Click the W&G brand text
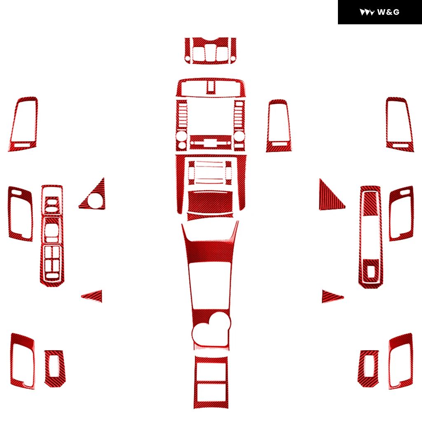[x=388, y=12]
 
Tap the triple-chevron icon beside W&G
[x=367, y=12]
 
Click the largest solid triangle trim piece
[x=331, y=195]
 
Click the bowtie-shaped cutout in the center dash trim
[x=211, y=143]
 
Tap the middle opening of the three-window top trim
[x=210, y=53]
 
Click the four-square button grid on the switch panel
[x=52, y=259]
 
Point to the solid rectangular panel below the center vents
[x=210, y=202]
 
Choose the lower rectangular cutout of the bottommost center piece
[x=211, y=393]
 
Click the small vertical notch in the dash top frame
[x=211, y=87]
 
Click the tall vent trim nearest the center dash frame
[x=279, y=126]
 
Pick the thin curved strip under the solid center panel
[x=210, y=216]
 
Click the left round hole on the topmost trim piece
[x=188, y=58]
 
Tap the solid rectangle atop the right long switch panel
[x=370, y=204]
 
